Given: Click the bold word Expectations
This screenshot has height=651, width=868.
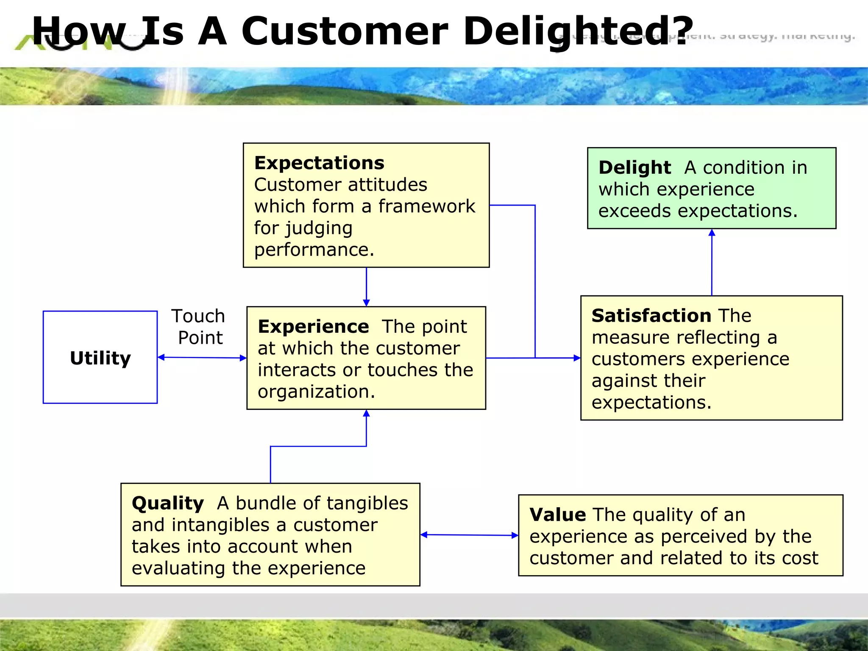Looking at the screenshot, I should click(319, 163).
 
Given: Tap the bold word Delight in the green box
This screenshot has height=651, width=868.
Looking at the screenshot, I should click(634, 168).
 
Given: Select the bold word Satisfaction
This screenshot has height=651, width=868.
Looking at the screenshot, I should click(651, 316).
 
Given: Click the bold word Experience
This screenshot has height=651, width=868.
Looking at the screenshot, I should click(313, 327).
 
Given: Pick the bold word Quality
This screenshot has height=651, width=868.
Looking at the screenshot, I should click(168, 504).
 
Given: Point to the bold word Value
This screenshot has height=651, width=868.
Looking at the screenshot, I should click(557, 515).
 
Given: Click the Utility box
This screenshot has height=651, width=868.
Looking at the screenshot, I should click(100, 357).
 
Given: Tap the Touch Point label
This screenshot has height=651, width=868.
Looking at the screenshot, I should click(198, 327).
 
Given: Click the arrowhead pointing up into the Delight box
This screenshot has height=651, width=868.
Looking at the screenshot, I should click(712, 233).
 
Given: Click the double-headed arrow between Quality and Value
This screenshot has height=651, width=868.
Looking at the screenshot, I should click(469, 535).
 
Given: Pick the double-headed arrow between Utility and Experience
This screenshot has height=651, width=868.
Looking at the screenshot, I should click(202, 358).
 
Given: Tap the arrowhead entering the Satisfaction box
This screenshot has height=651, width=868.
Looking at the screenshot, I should click(577, 358).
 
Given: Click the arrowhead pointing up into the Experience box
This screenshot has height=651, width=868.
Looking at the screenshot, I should click(366, 414).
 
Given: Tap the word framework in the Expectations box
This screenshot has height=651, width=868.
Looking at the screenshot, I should click(426, 206).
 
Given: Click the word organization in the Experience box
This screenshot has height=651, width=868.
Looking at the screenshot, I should click(316, 392).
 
